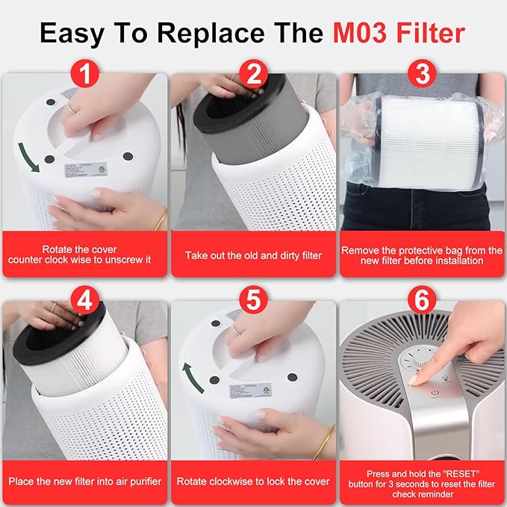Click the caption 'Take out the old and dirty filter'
253,255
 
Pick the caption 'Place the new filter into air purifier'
84,482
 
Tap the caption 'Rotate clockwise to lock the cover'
253,482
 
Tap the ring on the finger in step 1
70,107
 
